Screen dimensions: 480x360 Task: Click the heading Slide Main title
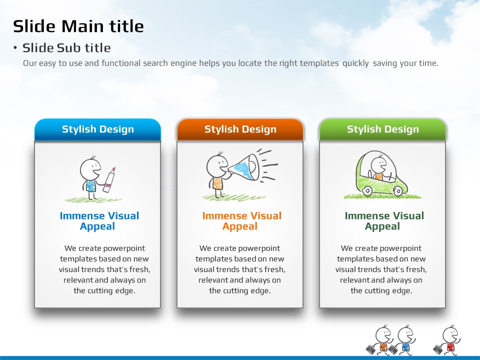(78, 26)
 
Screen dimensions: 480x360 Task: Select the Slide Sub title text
(66, 48)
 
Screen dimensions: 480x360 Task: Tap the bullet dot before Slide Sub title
(15, 48)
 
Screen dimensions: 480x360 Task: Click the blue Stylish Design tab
(97, 129)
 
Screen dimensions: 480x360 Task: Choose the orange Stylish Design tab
(240, 129)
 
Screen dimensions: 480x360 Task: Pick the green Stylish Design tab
(382, 129)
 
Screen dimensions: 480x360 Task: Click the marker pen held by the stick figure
(109, 180)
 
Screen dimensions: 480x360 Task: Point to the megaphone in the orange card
(244, 167)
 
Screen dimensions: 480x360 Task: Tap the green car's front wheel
(398, 191)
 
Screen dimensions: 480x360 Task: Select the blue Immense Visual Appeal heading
(99, 220)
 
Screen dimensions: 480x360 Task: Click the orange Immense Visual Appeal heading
(241, 220)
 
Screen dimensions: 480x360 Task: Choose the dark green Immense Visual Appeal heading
(384, 220)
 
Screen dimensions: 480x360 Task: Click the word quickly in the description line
(355, 63)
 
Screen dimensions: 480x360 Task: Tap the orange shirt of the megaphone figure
(217, 183)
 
